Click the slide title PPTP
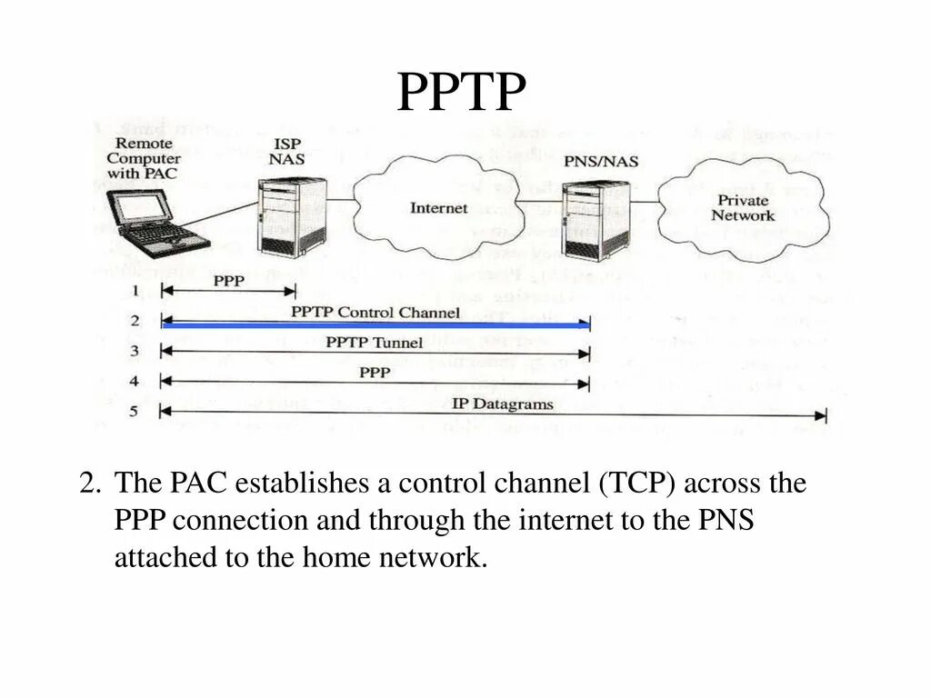462,93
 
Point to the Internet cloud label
438,208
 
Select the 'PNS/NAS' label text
601,162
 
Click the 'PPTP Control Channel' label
375,312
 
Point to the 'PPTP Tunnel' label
374,343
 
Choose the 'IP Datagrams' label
502,404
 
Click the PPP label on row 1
228,281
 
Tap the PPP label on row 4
375,372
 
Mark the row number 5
134,412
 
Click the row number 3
134,351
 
